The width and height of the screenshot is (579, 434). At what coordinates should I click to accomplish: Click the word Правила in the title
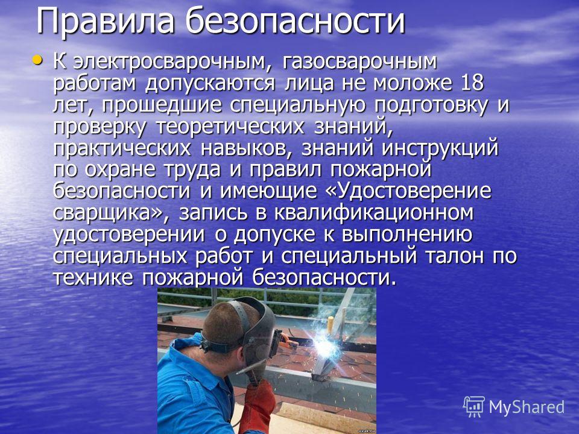pyautogui.click(x=105, y=22)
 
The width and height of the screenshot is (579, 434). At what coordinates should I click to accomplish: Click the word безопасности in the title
pyautogui.click(x=296, y=22)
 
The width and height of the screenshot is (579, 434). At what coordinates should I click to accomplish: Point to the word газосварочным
pyautogui.click(x=359, y=62)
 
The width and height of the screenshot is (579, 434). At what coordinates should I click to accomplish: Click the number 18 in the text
pyautogui.click(x=472, y=83)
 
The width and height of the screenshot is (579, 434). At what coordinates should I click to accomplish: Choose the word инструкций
pyautogui.click(x=440, y=148)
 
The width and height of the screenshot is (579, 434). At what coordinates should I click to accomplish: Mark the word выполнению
pyautogui.click(x=407, y=234)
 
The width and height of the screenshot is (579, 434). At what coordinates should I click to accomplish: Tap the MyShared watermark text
pyautogui.click(x=527, y=407)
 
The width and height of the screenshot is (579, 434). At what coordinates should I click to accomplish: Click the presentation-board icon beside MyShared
pyautogui.click(x=474, y=407)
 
